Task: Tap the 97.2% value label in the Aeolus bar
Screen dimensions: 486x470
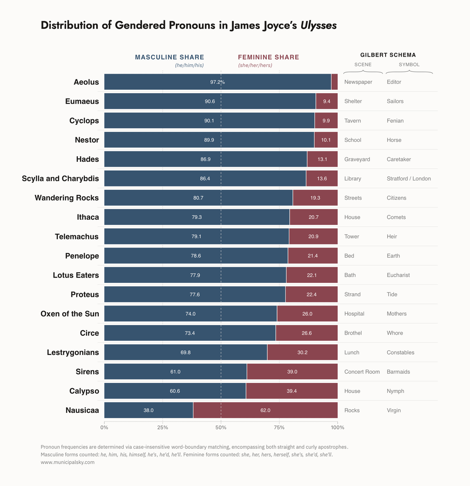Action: tap(217, 82)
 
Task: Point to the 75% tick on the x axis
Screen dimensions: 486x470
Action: tap(279, 427)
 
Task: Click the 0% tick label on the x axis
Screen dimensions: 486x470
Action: tap(104, 427)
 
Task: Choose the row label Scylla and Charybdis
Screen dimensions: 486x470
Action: tap(60, 178)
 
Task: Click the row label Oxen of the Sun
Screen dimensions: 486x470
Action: tap(70, 314)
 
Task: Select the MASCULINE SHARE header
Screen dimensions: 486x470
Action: tap(169, 57)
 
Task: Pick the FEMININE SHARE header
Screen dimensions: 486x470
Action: tap(269, 57)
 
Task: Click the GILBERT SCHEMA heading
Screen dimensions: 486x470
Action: tap(388, 55)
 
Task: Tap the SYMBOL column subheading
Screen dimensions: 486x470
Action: tap(409, 64)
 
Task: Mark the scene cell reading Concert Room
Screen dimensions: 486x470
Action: tap(362, 372)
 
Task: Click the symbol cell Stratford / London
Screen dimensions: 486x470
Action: tap(409, 178)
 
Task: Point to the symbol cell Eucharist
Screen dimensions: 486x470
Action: tap(398, 275)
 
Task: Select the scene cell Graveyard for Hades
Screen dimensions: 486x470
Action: tap(357, 159)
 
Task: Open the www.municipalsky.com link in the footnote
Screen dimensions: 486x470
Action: tap(67, 463)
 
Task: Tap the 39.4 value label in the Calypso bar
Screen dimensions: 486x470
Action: tap(292, 391)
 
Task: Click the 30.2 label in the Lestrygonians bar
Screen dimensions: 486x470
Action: tap(302, 352)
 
